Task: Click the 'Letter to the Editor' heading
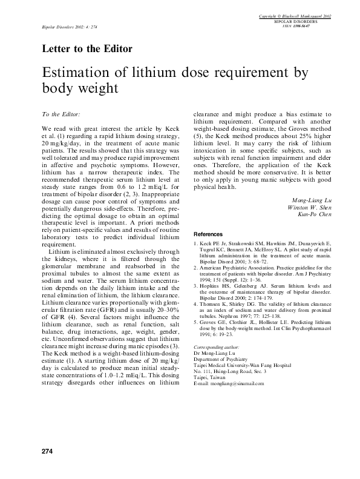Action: click(x=87, y=48)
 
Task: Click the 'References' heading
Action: click(x=208, y=234)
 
